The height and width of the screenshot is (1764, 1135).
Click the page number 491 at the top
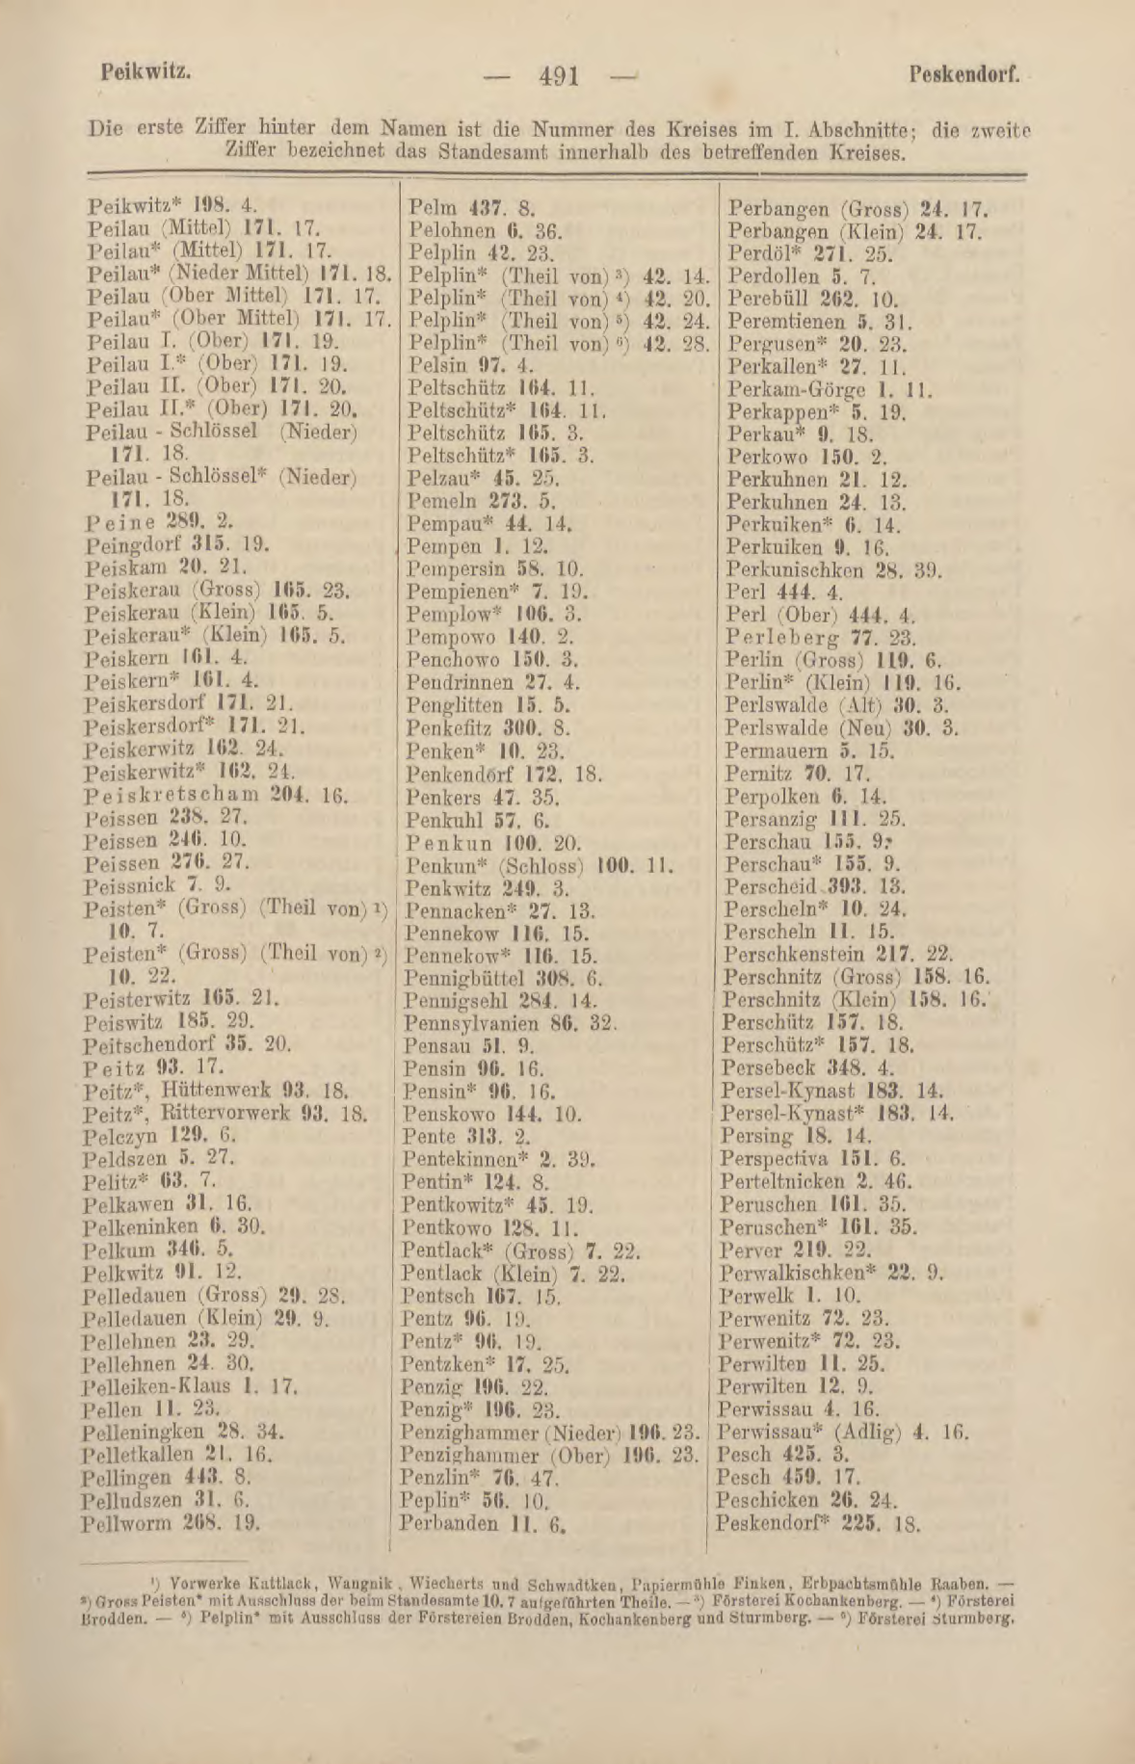(560, 76)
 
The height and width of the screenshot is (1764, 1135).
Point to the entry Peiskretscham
(172, 795)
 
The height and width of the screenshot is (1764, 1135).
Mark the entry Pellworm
(126, 1524)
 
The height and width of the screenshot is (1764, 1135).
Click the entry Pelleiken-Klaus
(157, 1386)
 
